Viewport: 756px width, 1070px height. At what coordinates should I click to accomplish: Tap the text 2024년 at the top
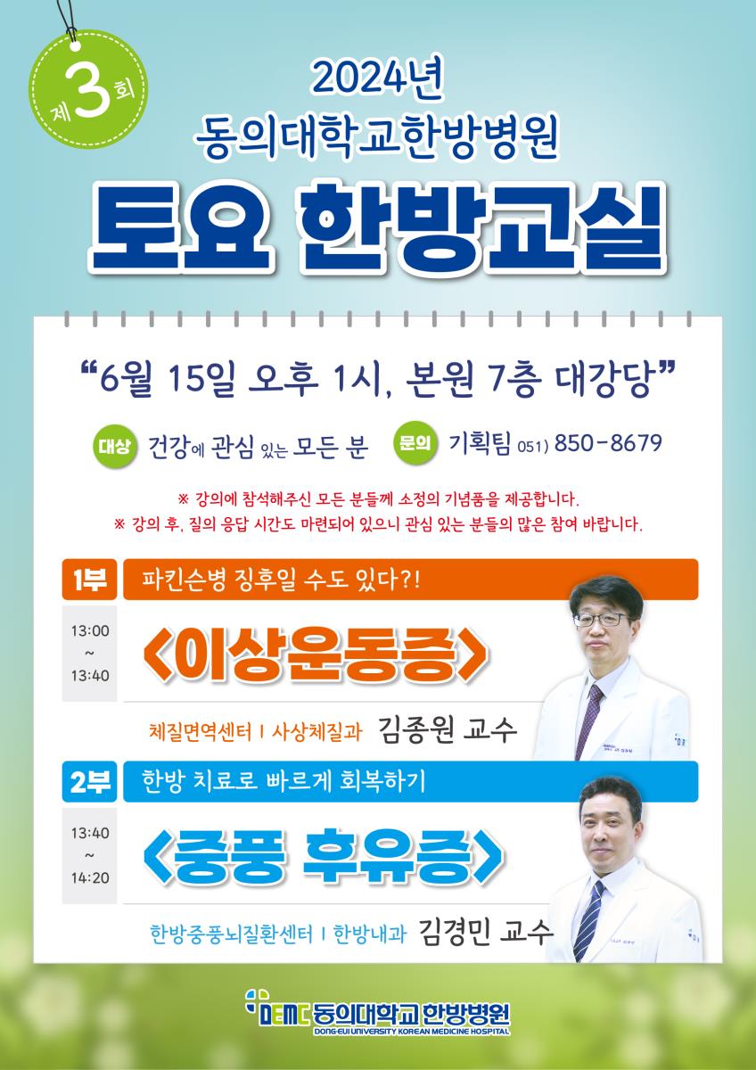click(377, 78)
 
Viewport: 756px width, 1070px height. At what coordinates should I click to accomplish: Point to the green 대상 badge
click(114, 447)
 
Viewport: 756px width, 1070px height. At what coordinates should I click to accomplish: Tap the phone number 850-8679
click(608, 444)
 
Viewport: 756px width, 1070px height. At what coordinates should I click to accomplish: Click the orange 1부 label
click(89, 579)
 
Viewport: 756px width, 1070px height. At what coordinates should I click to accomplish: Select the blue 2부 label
click(89, 781)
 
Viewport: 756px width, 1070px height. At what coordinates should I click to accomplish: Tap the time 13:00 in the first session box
click(90, 631)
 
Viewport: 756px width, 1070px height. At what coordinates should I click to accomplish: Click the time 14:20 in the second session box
click(90, 878)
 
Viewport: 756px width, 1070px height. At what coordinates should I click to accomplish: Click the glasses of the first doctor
click(601, 619)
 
